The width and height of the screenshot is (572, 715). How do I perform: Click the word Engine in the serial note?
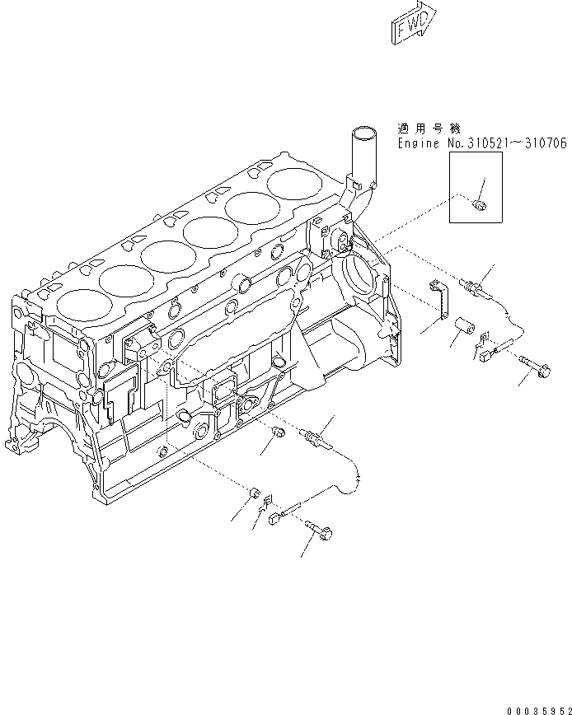[418, 144]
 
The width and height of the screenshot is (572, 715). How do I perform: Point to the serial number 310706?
[544, 144]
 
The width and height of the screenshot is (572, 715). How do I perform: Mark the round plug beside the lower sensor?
[278, 435]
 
